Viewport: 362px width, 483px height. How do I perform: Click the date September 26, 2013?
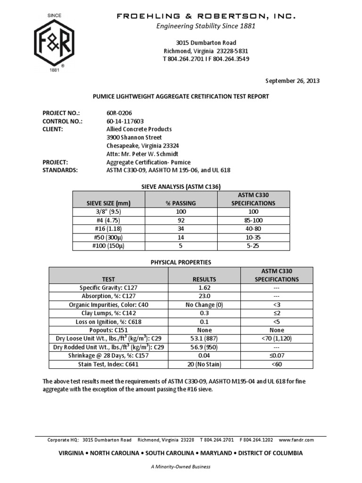(293, 81)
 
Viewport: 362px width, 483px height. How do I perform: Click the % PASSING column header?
(181, 203)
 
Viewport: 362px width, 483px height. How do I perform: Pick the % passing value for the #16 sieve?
(181, 228)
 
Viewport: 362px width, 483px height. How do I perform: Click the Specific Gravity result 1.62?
(205, 288)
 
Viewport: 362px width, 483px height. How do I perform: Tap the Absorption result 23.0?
(205, 296)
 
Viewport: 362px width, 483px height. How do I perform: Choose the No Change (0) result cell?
(205, 305)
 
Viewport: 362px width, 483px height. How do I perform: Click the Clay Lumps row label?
(108, 313)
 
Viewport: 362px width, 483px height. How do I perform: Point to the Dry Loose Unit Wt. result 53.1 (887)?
(205, 339)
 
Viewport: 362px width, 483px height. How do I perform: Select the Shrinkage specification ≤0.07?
(277, 356)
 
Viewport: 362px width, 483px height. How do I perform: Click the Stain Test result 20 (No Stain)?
(205, 364)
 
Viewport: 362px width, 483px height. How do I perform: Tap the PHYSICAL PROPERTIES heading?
(181, 262)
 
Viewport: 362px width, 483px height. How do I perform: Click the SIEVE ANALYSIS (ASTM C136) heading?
(181, 186)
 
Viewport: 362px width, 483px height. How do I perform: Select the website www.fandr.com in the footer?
(296, 440)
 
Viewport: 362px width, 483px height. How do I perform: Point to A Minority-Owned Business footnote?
(181, 466)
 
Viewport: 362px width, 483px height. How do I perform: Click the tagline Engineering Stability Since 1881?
(206, 26)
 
